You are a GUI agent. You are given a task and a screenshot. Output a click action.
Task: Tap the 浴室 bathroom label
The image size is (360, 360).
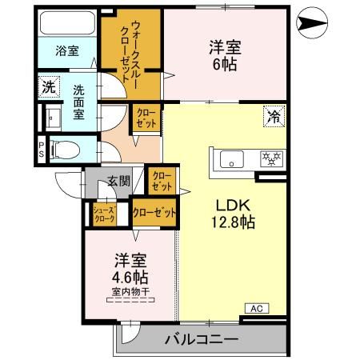coord(66,51)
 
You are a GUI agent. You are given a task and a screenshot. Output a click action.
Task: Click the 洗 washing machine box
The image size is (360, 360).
coord(50,86)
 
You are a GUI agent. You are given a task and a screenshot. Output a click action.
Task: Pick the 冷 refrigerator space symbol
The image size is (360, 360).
coord(274,118)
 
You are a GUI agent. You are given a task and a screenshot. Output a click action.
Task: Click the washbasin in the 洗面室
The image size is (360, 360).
coord(53,118)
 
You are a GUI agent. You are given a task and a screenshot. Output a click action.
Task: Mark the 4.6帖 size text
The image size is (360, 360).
coord(130,278)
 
